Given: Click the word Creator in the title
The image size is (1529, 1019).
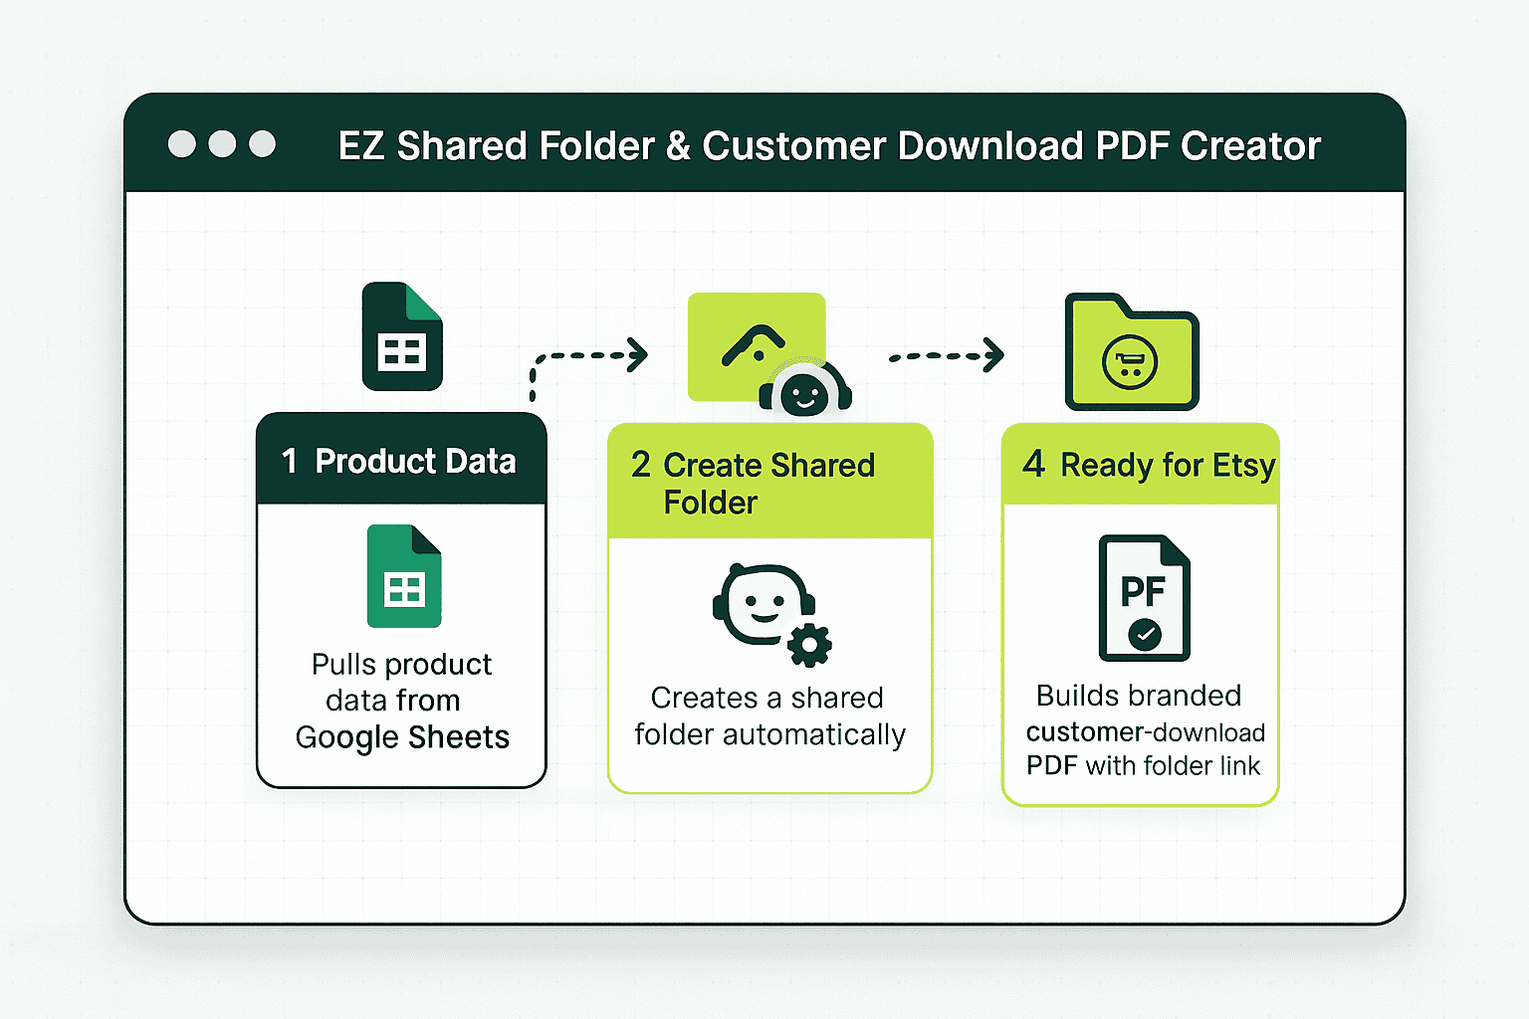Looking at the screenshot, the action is coord(1250,145).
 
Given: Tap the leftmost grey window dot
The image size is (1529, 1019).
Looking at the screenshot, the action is coord(182,144).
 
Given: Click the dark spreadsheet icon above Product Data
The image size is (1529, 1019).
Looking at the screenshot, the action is coord(402,336).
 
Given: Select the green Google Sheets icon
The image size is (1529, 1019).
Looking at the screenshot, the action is coord(404,576).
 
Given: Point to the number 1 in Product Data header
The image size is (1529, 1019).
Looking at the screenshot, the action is coord(290,462).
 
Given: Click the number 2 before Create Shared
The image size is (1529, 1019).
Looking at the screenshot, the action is coord(640,465).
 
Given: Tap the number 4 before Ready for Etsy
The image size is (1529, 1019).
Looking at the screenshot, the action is coord(1033,464).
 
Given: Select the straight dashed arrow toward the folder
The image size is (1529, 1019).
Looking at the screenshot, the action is coord(947,355).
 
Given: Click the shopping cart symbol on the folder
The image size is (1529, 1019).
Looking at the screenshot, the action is coord(1130,363).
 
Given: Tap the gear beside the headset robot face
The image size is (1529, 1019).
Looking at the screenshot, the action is coord(809,644).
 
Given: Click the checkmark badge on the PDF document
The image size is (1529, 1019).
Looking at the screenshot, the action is coord(1145,634).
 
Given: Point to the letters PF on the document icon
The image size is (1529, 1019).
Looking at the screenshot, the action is coord(1143,591).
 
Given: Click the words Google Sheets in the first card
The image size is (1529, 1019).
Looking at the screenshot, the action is coord(402,738).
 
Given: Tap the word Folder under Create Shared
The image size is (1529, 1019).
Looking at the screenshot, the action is coord(710,503).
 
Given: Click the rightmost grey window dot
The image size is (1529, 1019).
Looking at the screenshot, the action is coord(262,144).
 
